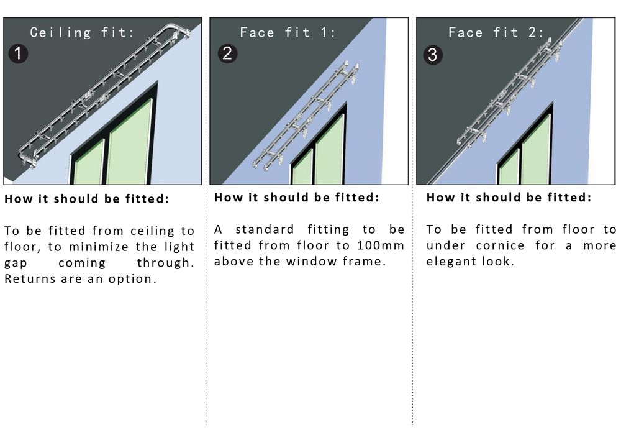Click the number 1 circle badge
18,53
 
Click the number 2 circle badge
227,53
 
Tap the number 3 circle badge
433,55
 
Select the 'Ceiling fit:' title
82,32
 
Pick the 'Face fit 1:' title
288,32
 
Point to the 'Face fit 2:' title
496,32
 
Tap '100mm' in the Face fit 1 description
380,245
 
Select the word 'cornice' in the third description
500,245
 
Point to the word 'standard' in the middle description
265,229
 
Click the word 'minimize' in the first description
99,247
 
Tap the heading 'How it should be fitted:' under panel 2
297,198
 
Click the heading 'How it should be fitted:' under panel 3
509,198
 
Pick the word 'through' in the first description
163,263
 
